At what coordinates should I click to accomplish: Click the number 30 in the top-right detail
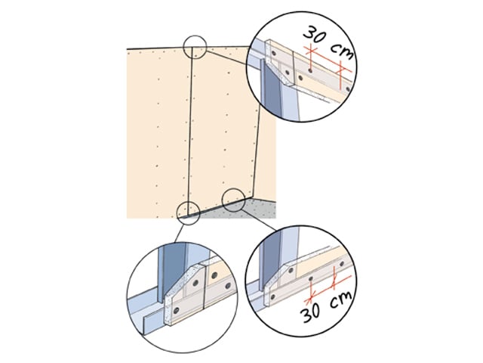[x=315, y=35]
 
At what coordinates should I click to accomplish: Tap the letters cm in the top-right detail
[x=342, y=51]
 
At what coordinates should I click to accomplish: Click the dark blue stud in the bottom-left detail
[x=171, y=271]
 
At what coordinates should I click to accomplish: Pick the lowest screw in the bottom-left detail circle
[x=176, y=310]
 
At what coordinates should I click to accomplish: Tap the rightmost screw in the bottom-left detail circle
[x=228, y=286]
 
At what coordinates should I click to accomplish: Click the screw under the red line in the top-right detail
[x=310, y=70]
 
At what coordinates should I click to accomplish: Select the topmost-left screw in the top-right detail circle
[x=274, y=53]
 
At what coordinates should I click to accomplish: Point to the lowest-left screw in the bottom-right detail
[x=272, y=297]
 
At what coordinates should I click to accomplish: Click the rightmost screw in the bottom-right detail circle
[x=342, y=264]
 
